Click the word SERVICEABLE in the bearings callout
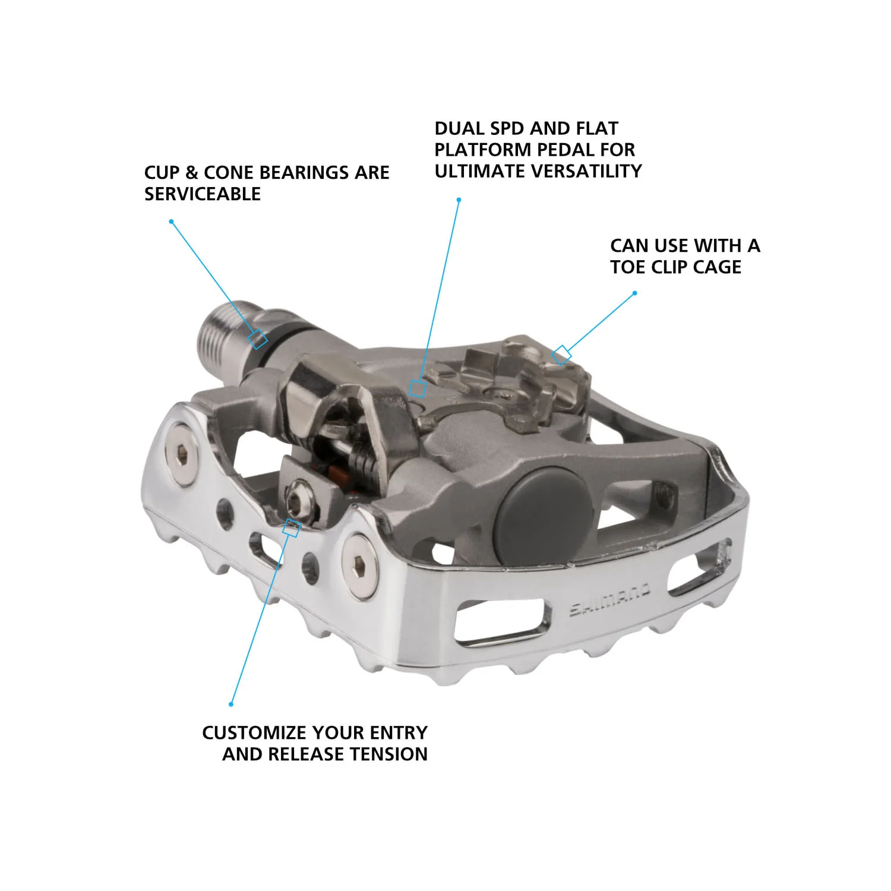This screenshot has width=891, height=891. [203, 194]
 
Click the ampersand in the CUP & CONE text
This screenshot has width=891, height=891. [191, 173]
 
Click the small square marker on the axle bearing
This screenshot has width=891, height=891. [258, 339]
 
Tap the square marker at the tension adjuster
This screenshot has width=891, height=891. [290, 527]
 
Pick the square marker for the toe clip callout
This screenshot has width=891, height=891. [561, 355]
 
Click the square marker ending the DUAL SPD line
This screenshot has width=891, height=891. [418, 388]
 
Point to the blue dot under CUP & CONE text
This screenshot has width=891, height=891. [171, 222]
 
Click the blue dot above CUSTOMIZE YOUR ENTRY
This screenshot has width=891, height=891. [231, 704]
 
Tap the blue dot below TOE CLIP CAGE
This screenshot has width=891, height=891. [635, 293]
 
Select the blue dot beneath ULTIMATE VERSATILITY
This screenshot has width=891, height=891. [459, 200]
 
